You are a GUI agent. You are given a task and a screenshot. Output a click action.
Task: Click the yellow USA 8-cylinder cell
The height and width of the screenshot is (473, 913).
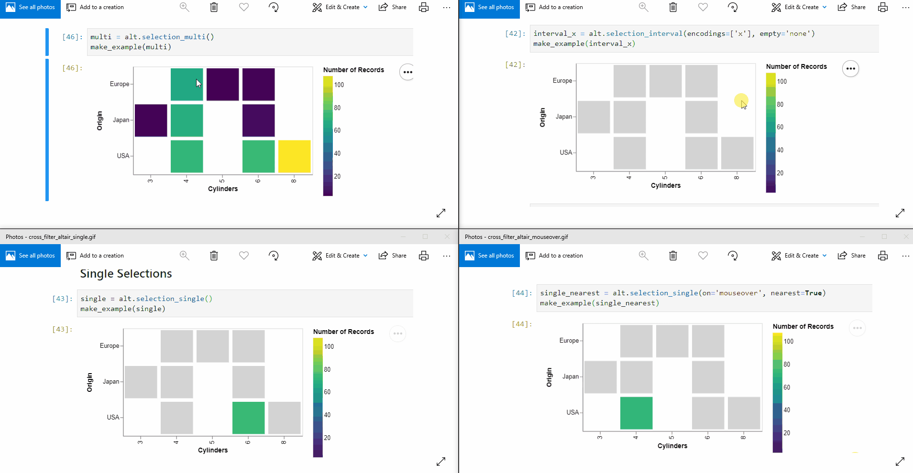click(x=294, y=156)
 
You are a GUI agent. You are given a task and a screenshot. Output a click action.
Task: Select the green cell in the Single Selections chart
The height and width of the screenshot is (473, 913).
click(x=248, y=418)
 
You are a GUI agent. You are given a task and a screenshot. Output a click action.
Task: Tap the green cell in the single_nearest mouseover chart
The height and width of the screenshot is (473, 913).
click(x=636, y=413)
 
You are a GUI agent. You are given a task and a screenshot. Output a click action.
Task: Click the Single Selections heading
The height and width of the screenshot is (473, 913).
click(x=126, y=274)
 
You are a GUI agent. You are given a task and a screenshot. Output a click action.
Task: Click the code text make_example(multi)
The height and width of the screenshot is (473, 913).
click(x=131, y=47)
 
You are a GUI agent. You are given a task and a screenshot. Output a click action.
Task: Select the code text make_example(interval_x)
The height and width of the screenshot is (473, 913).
click(x=584, y=43)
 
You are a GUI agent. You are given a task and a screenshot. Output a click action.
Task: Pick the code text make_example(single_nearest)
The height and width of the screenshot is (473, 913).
click(x=599, y=303)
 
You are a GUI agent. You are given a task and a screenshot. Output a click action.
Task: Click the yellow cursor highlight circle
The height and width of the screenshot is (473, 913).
click(x=741, y=100)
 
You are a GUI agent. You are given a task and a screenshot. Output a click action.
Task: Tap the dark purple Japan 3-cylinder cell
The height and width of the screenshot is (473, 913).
click(x=151, y=120)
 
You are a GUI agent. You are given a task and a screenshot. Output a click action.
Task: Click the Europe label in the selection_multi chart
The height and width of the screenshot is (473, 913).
click(x=120, y=84)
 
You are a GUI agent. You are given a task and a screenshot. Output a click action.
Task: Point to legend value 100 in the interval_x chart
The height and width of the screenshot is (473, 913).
click(x=782, y=82)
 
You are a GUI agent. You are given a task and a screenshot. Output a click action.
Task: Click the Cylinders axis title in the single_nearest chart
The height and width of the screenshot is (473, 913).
click(x=672, y=446)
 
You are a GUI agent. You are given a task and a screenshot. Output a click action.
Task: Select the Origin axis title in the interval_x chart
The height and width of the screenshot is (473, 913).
click(x=542, y=117)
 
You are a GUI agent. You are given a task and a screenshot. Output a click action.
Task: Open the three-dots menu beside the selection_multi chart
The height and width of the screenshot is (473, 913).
click(x=407, y=72)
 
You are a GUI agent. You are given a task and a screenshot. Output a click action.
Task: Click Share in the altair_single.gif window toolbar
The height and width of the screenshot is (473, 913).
click(x=393, y=256)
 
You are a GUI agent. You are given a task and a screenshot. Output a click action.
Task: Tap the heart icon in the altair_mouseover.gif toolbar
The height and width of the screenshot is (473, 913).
click(x=703, y=256)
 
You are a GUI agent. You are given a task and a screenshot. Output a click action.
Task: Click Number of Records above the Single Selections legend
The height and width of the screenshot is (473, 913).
click(x=343, y=332)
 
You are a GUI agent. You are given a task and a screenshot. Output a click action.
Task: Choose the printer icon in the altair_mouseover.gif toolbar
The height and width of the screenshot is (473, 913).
click(x=883, y=256)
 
